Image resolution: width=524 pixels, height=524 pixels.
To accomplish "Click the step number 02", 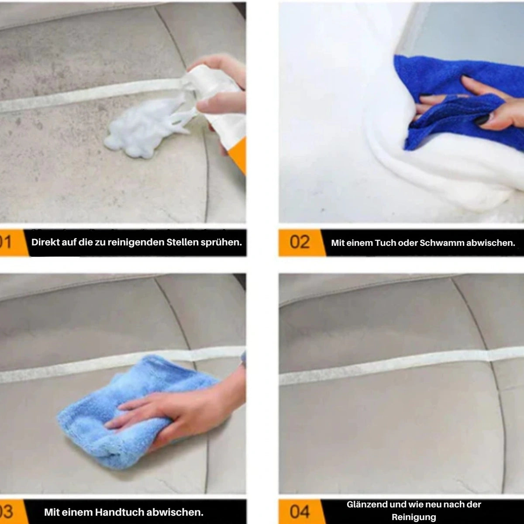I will (x=300, y=242).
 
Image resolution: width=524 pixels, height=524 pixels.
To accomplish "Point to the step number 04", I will (x=300, y=511).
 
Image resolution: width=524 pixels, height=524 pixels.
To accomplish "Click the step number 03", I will (x=6, y=512).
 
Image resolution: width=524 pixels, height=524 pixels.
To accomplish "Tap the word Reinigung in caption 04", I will (x=414, y=517).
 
